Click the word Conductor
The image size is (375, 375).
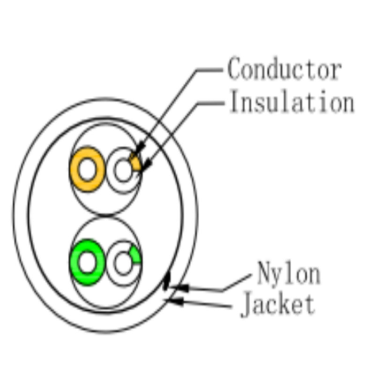(x=284, y=68)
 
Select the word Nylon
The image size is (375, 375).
(x=289, y=274)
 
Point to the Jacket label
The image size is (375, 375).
(x=277, y=304)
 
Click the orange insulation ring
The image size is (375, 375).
(x=75, y=169)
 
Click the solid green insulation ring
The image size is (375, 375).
(x=75, y=262)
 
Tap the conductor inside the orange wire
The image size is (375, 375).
(x=87, y=169)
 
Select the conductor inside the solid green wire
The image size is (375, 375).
(x=87, y=262)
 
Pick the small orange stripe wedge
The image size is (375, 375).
(x=135, y=163)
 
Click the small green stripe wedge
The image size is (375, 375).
(x=136, y=255)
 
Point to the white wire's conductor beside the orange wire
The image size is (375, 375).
(x=123, y=170)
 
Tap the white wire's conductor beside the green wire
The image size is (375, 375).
(x=123, y=263)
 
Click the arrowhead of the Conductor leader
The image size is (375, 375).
(x=139, y=149)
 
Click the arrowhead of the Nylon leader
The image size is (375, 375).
(x=180, y=288)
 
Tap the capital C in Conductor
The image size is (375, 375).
(x=233, y=68)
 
